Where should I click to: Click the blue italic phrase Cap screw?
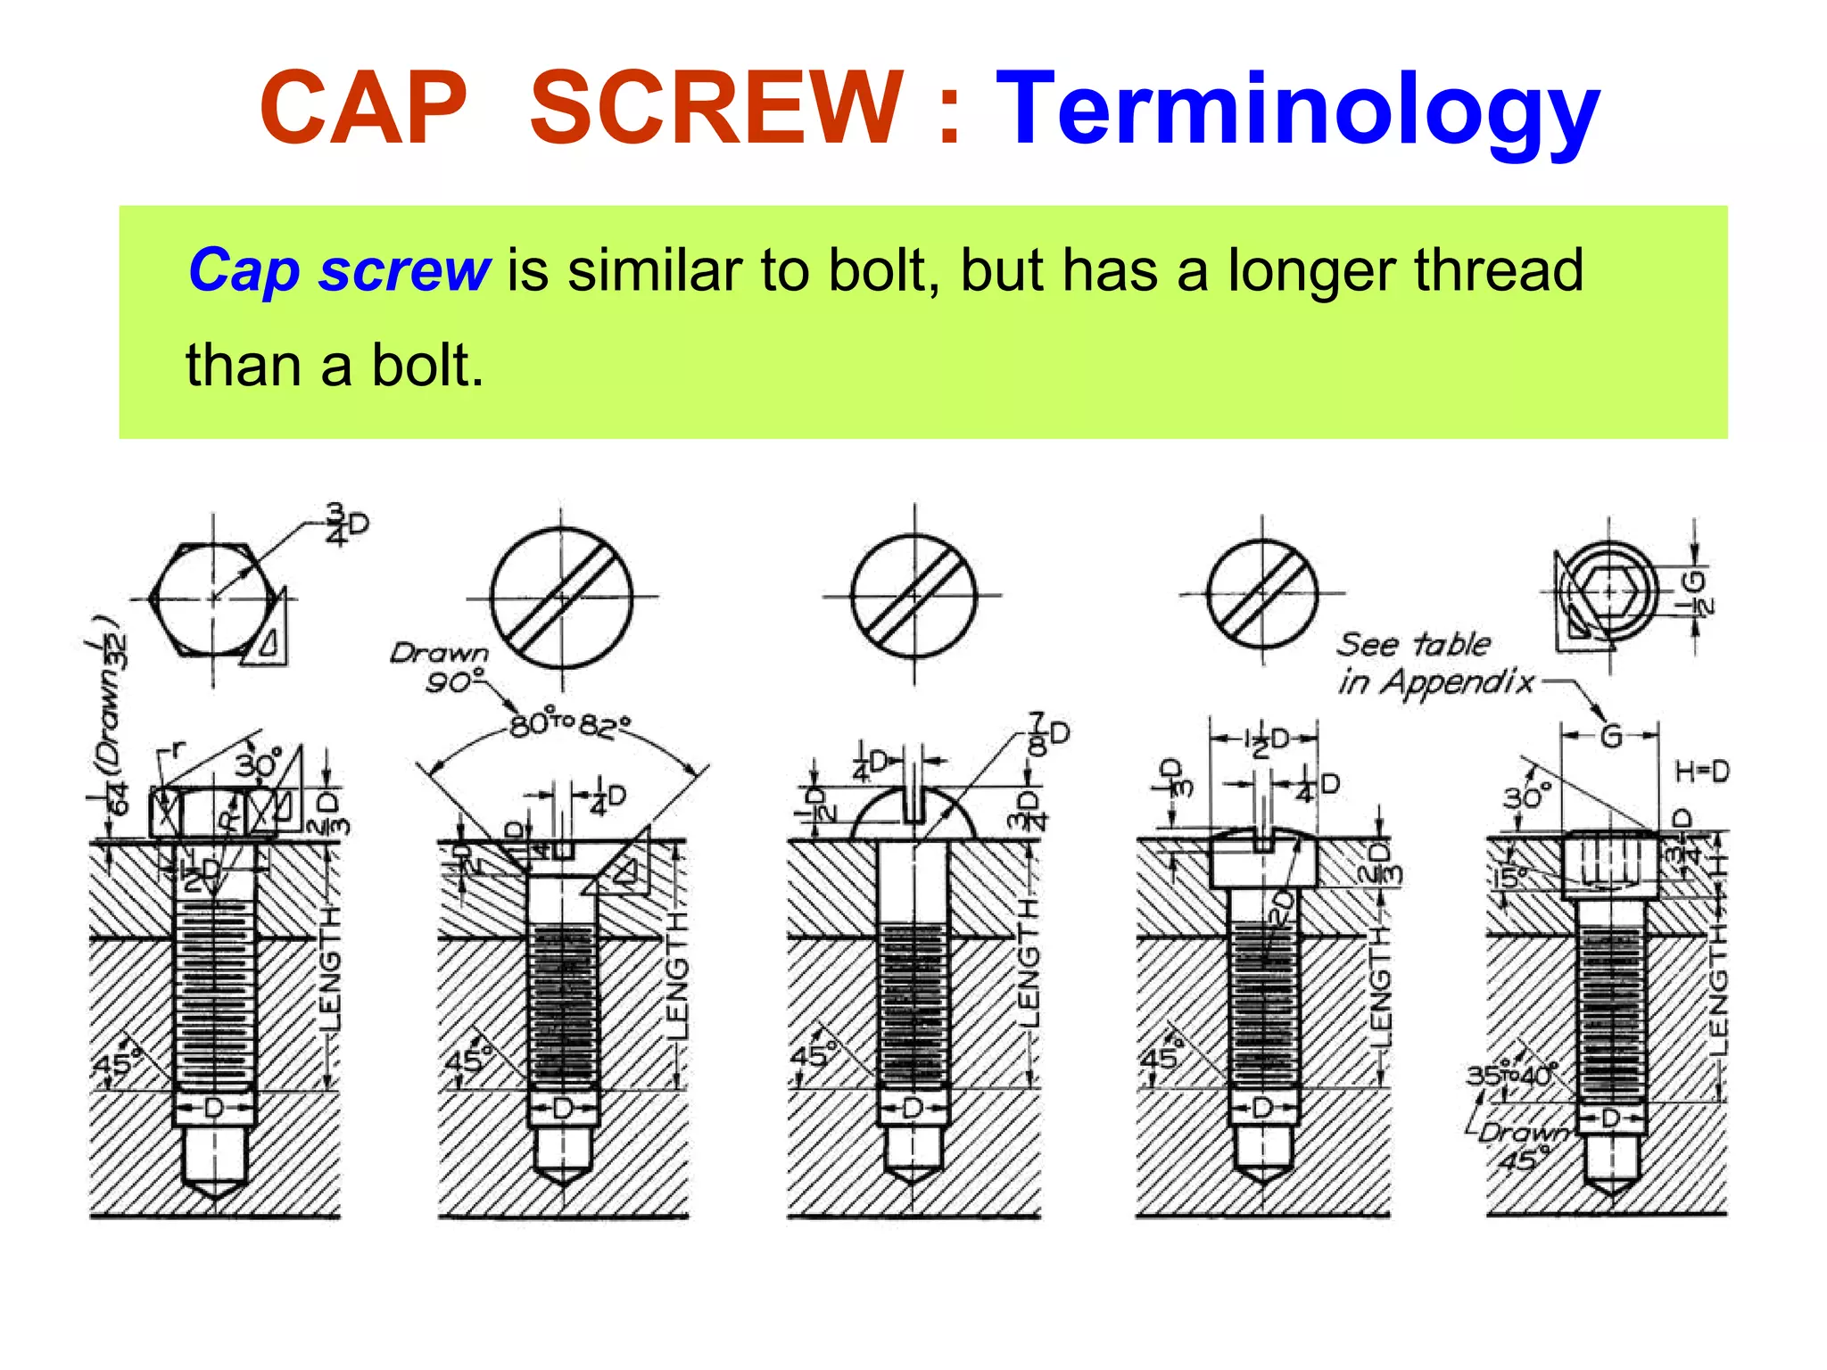[339, 269]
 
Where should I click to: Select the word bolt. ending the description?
[427, 366]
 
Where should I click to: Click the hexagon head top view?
[212, 597]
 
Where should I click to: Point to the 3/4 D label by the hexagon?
[345, 524]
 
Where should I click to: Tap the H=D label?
[1701, 772]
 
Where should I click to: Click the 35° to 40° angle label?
[1512, 1074]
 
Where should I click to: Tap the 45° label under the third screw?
[810, 1056]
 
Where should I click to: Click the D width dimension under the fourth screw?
[1262, 1109]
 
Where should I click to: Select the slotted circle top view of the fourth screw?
[1262, 594]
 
